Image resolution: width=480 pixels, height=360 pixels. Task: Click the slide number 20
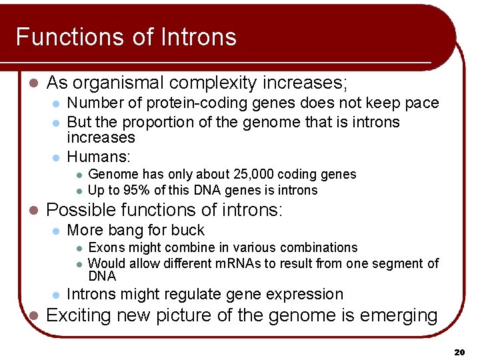(459, 351)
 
